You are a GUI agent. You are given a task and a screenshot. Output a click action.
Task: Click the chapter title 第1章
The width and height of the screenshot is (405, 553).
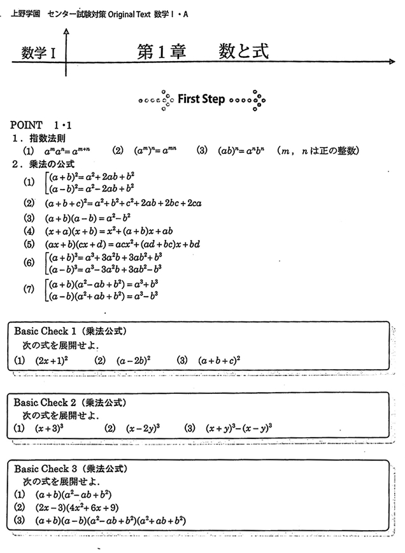tap(162, 52)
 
